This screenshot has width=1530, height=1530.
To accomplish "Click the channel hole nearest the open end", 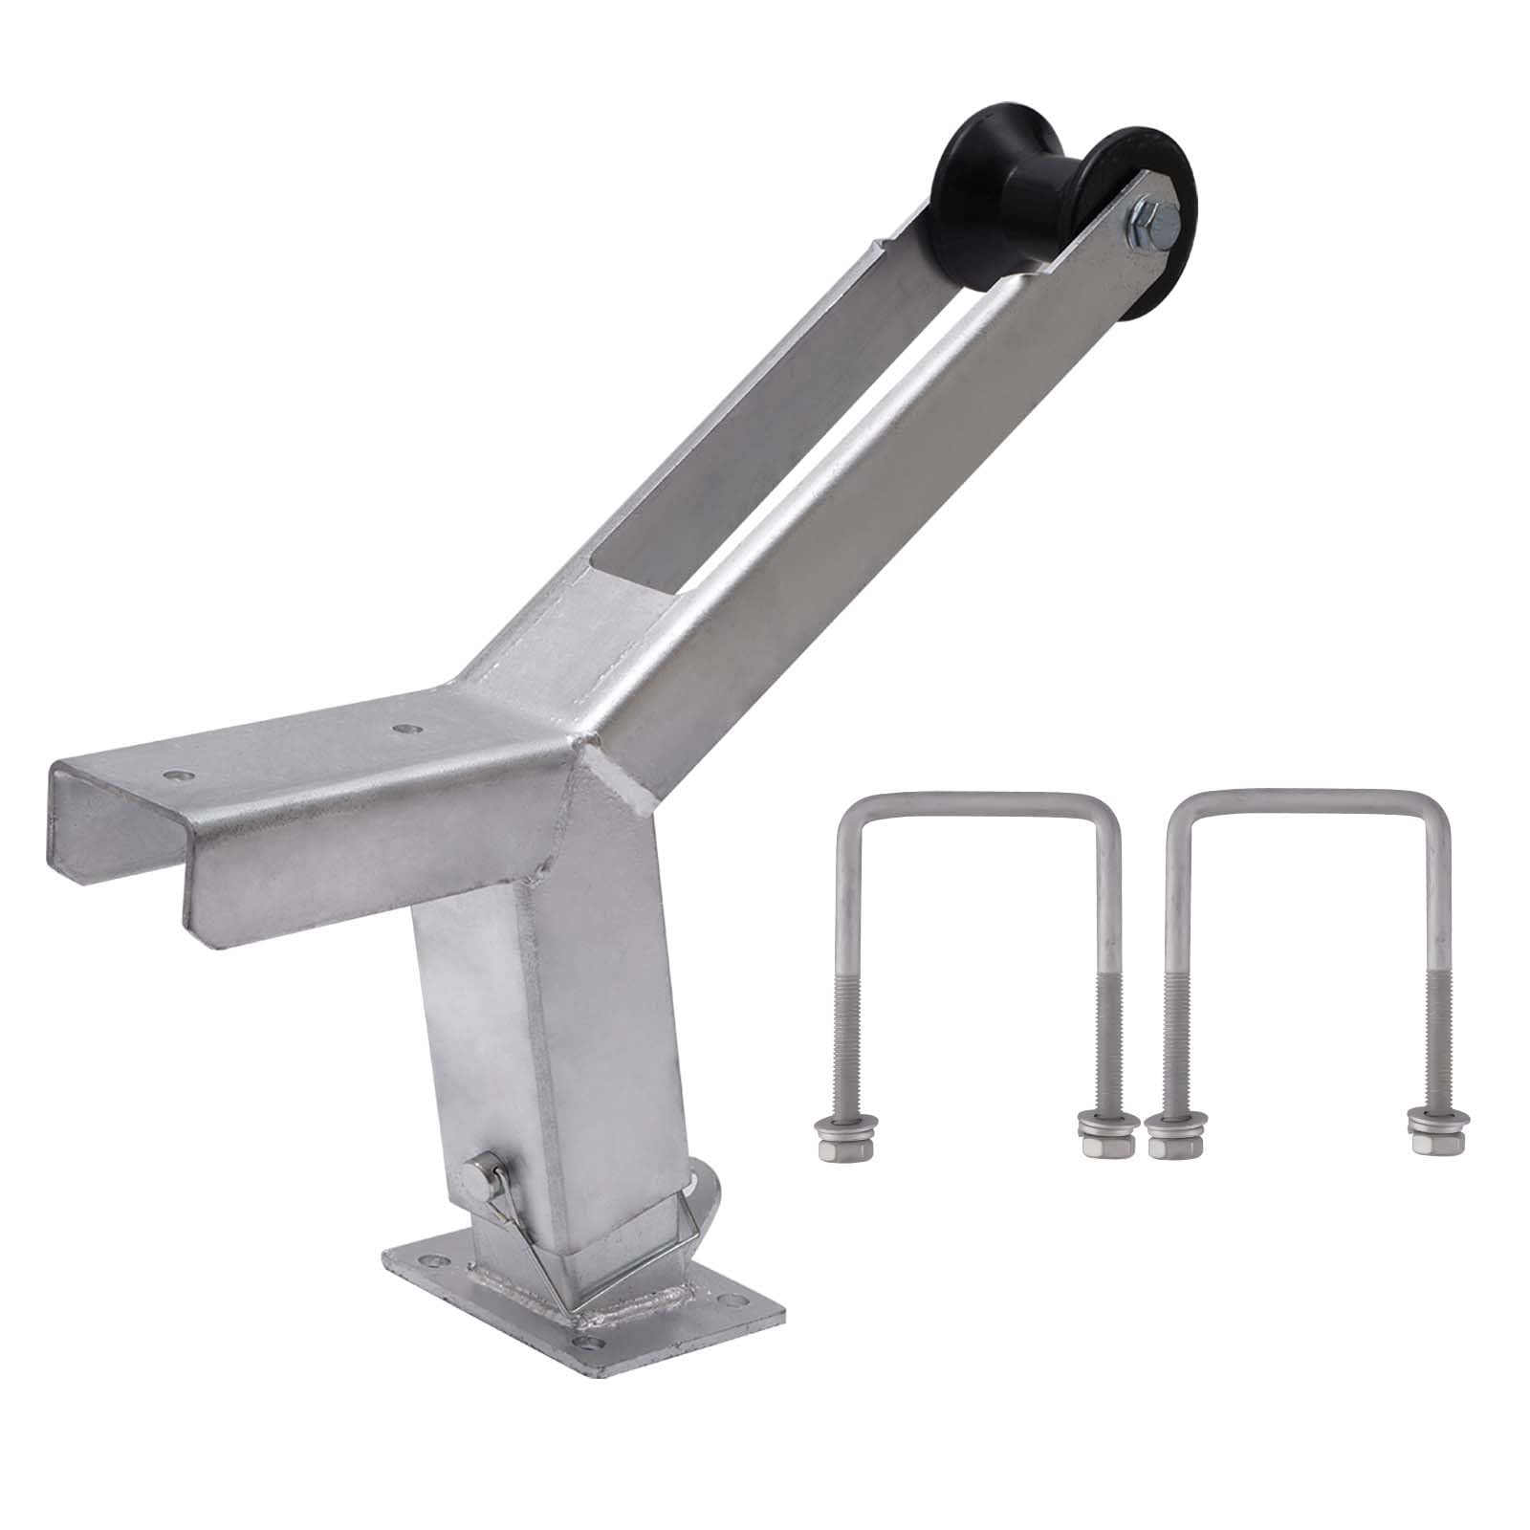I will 177,772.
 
